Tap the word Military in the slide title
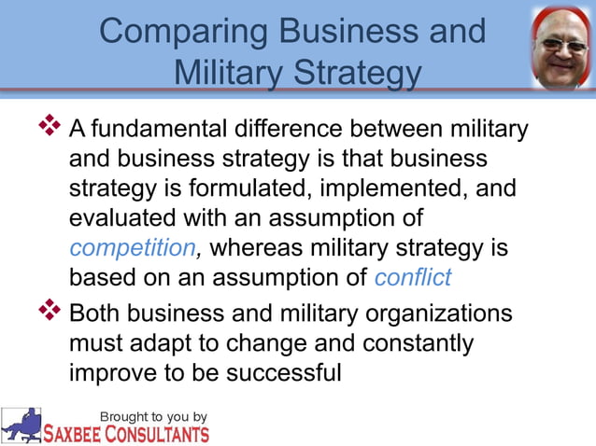tap(233, 72)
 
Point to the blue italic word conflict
tap(412, 278)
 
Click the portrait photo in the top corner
tap(561, 47)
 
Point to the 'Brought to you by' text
tap(154, 416)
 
